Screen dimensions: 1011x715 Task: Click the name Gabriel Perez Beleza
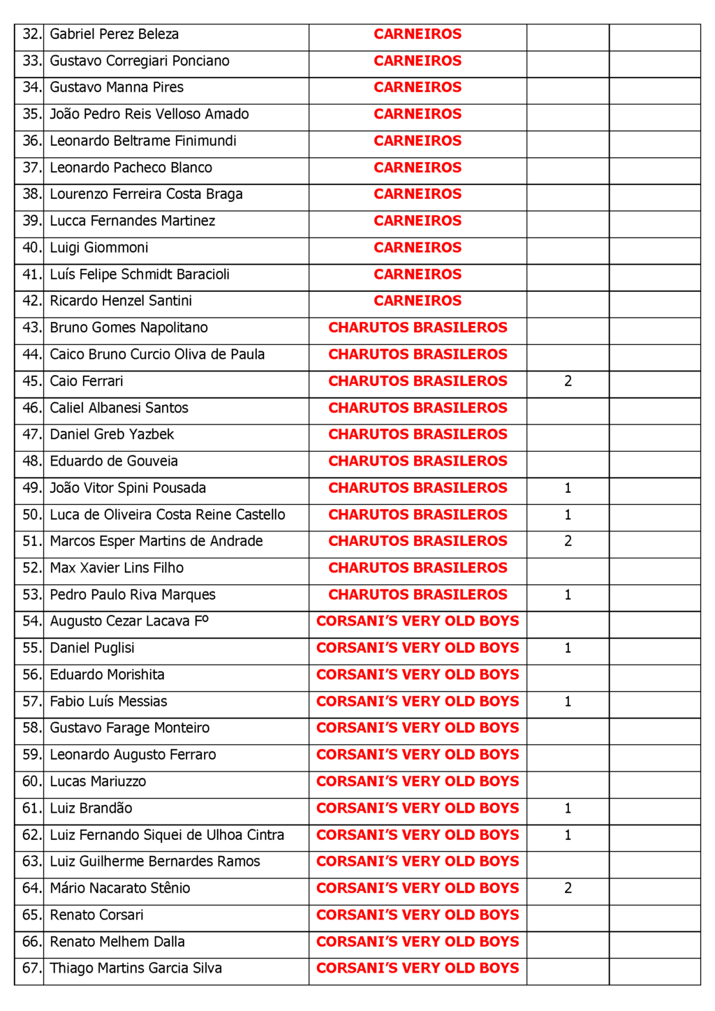(x=114, y=34)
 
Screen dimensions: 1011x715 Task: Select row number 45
(x=31, y=381)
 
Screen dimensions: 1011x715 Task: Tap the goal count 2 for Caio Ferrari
(x=568, y=381)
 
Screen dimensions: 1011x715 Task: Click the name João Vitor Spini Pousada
(x=128, y=488)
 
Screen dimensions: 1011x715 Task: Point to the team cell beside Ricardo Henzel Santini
(x=418, y=301)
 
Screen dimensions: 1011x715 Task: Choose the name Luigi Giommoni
(x=99, y=248)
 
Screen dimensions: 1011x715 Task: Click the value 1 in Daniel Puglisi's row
(x=568, y=648)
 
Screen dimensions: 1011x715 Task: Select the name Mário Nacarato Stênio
(x=120, y=888)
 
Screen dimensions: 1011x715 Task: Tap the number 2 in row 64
(x=568, y=888)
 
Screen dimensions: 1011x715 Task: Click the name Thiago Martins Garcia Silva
(x=135, y=968)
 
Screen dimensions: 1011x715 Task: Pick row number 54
(x=31, y=621)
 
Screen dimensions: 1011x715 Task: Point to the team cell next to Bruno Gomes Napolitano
(x=418, y=327)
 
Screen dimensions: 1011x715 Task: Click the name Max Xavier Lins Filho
(x=117, y=568)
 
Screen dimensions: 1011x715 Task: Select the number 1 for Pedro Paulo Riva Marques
(x=568, y=595)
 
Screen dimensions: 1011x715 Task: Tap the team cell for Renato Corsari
(x=418, y=915)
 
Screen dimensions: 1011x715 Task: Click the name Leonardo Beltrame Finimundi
(x=143, y=141)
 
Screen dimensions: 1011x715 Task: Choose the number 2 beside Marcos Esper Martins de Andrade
(x=568, y=541)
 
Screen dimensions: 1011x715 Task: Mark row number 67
(x=31, y=968)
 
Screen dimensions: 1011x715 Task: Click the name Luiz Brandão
(x=91, y=809)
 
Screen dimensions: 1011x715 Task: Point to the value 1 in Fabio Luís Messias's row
(x=568, y=702)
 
